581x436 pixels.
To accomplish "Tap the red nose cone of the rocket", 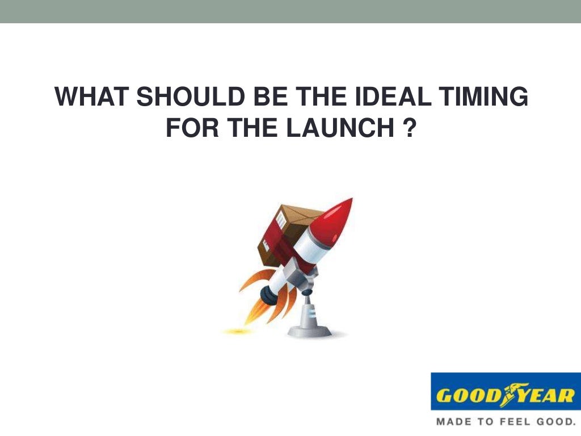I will click(x=335, y=218).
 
